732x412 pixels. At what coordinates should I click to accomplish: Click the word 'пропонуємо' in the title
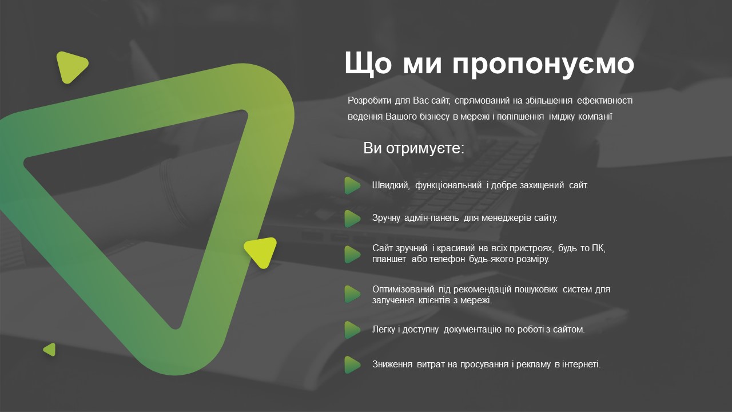coord(543,64)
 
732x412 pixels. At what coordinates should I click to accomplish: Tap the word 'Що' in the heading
coord(368,62)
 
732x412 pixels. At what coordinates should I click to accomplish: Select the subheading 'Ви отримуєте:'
coord(413,148)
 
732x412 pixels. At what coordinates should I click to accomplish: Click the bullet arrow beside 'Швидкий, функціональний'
coord(352,185)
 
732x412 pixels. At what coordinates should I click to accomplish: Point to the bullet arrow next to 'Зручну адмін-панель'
coord(352,219)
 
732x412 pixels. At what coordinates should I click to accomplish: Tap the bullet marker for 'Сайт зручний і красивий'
coord(352,254)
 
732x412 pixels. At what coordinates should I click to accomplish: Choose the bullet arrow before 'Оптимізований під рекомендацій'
coord(352,294)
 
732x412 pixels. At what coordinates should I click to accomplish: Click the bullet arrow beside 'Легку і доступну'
coord(352,330)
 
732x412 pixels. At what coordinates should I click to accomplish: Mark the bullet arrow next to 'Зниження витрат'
coord(352,365)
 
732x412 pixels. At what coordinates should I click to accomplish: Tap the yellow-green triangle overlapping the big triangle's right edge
coord(262,252)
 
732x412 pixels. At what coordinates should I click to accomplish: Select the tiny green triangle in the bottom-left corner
coord(50,350)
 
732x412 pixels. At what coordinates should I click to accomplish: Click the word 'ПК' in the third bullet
coord(599,248)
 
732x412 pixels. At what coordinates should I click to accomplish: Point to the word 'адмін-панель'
coord(432,218)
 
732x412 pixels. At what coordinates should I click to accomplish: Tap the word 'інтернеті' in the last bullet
coord(582,365)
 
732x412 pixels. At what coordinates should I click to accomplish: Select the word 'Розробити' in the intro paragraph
coord(369,101)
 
